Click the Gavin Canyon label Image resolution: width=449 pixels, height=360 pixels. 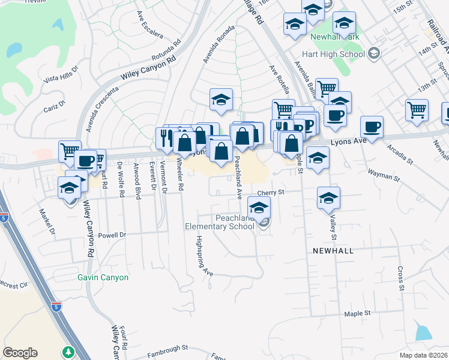click(x=103, y=278)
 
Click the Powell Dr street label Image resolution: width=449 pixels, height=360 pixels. click(x=112, y=235)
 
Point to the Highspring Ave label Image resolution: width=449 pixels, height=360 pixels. click(x=204, y=255)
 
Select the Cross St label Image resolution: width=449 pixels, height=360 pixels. click(x=400, y=278)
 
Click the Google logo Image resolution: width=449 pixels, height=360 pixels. click(x=20, y=353)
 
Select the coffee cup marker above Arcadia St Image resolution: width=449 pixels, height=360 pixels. click(x=372, y=126)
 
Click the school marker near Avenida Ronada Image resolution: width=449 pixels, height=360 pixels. click(x=221, y=99)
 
